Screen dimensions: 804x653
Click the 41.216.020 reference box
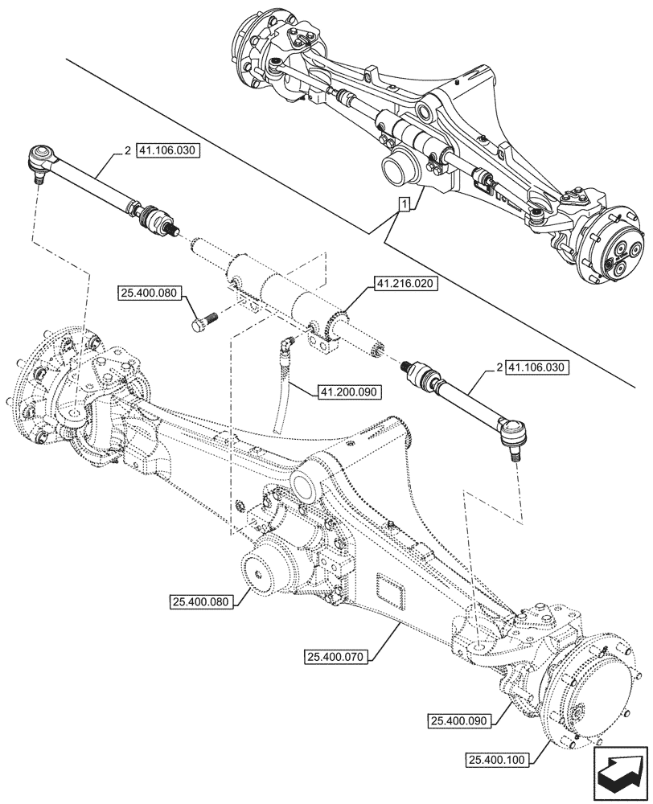point(405,284)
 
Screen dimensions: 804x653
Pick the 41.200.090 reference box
point(348,392)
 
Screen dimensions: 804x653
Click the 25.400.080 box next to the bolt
point(150,293)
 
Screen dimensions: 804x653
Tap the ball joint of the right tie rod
point(509,435)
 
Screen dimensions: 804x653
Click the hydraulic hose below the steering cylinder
point(281,394)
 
